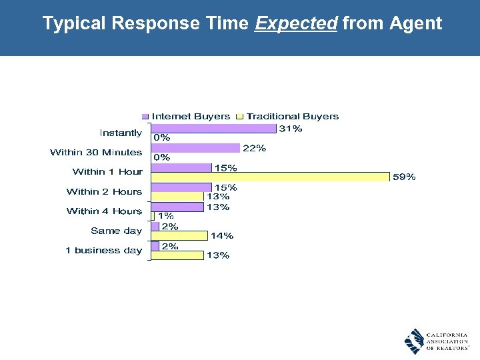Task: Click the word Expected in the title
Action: (x=296, y=24)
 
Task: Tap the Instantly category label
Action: (x=121, y=133)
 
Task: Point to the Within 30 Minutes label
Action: (x=96, y=153)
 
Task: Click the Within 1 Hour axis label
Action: (x=107, y=172)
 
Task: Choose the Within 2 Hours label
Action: (x=104, y=191)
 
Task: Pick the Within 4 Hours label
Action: (x=104, y=211)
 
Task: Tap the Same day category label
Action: (x=116, y=231)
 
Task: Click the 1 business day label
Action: (x=103, y=250)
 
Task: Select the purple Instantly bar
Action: (x=213, y=128)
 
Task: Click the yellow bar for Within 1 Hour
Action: (x=270, y=177)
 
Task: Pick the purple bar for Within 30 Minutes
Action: (x=195, y=148)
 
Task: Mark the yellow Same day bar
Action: (x=179, y=235)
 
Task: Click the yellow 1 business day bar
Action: (x=177, y=255)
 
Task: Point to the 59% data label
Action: (x=404, y=177)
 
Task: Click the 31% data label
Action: (x=290, y=129)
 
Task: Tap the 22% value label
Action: (x=254, y=148)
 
